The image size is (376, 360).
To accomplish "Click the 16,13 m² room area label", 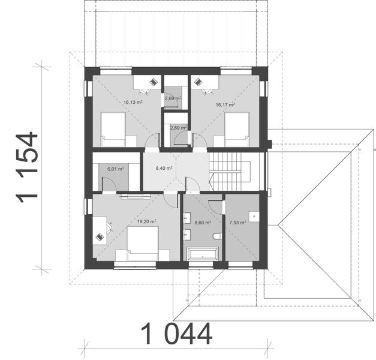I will point(132,102).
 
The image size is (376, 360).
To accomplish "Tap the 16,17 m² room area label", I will point(225,104).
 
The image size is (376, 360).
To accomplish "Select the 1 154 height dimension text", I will point(28,168).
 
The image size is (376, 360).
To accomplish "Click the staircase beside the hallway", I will point(228,171).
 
